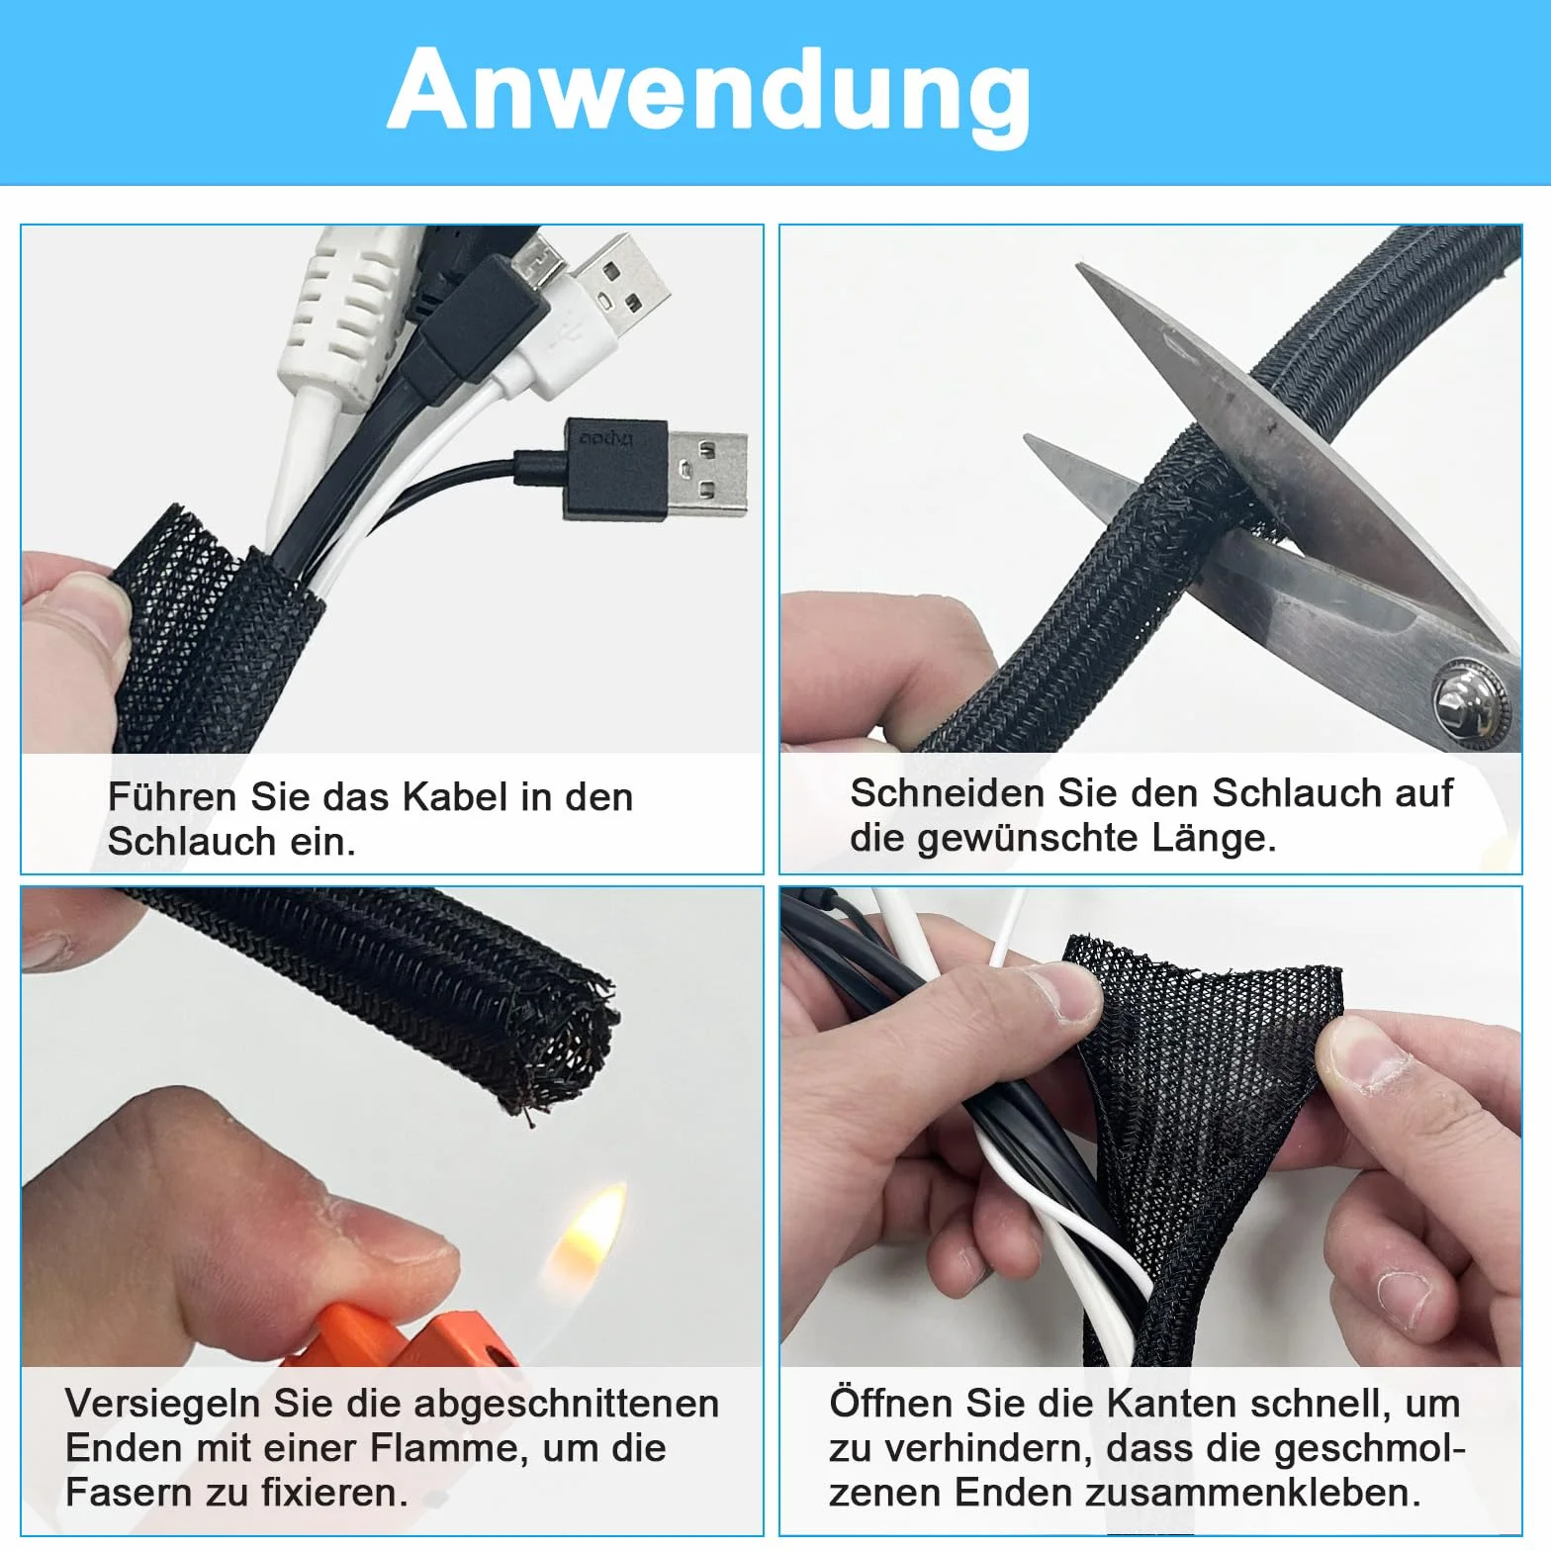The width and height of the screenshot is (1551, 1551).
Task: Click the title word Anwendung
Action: click(709, 91)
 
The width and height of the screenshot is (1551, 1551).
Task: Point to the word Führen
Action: click(172, 797)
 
